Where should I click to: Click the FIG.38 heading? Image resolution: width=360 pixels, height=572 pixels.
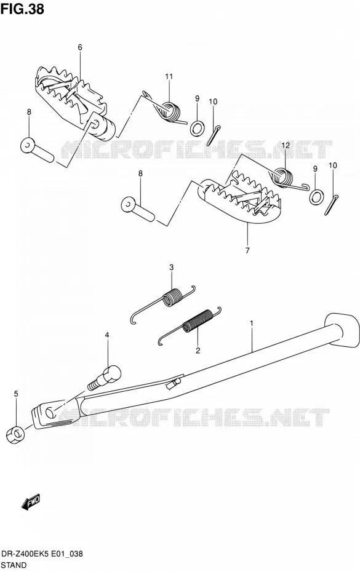tap(22, 9)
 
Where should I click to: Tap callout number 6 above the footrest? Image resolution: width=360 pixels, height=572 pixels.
tap(80, 47)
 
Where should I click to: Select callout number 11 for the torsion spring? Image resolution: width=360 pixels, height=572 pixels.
tap(169, 76)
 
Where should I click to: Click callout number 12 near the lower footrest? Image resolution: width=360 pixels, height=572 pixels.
tap(285, 145)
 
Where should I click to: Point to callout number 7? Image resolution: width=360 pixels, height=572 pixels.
tap(247, 250)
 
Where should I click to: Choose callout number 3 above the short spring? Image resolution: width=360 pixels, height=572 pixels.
tap(171, 268)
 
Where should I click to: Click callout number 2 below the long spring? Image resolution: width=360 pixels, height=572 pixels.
tap(198, 351)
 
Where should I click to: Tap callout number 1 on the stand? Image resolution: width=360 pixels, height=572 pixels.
tap(252, 323)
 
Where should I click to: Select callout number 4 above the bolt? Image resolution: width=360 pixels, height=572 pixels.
tap(107, 335)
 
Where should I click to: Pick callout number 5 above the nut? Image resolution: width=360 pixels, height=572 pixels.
tap(16, 393)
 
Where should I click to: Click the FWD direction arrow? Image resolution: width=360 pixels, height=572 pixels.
tap(31, 503)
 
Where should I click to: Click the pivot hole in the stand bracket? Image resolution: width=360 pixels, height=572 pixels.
tap(50, 412)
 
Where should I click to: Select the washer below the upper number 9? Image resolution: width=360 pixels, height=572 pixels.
tap(197, 128)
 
